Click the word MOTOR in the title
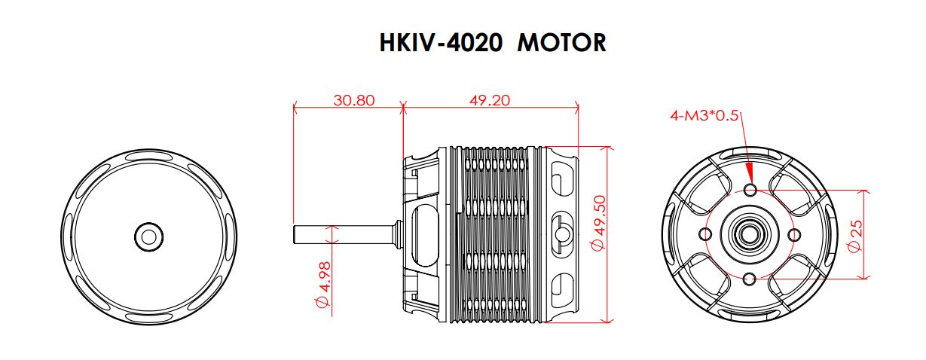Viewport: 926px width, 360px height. pyautogui.click(x=561, y=43)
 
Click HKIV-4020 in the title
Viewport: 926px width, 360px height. pyautogui.click(x=441, y=43)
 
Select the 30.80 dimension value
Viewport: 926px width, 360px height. pyautogui.click(x=354, y=100)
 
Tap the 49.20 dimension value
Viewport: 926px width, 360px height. pyautogui.click(x=490, y=100)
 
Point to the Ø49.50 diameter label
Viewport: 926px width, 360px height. pyautogui.click(x=598, y=223)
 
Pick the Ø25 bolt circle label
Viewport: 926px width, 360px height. pyautogui.click(x=855, y=236)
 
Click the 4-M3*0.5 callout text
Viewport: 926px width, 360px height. pyautogui.click(x=704, y=116)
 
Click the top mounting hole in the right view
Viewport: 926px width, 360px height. pyautogui.click(x=750, y=191)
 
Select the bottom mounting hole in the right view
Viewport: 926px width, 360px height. pyautogui.click(x=750, y=279)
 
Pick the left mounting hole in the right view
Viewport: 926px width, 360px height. pyautogui.click(x=705, y=234)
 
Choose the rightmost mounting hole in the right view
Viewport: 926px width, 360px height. pyautogui.click(x=794, y=235)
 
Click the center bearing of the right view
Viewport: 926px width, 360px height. pyautogui.click(x=749, y=235)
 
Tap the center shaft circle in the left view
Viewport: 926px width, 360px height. pyautogui.click(x=149, y=237)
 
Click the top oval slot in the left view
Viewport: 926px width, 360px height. pyautogui.click(x=150, y=156)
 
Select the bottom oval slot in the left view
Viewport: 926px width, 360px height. pyautogui.click(x=150, y=319)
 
